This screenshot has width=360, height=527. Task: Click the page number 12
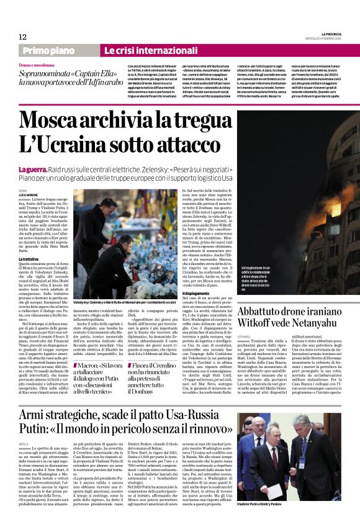click(22, 37)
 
